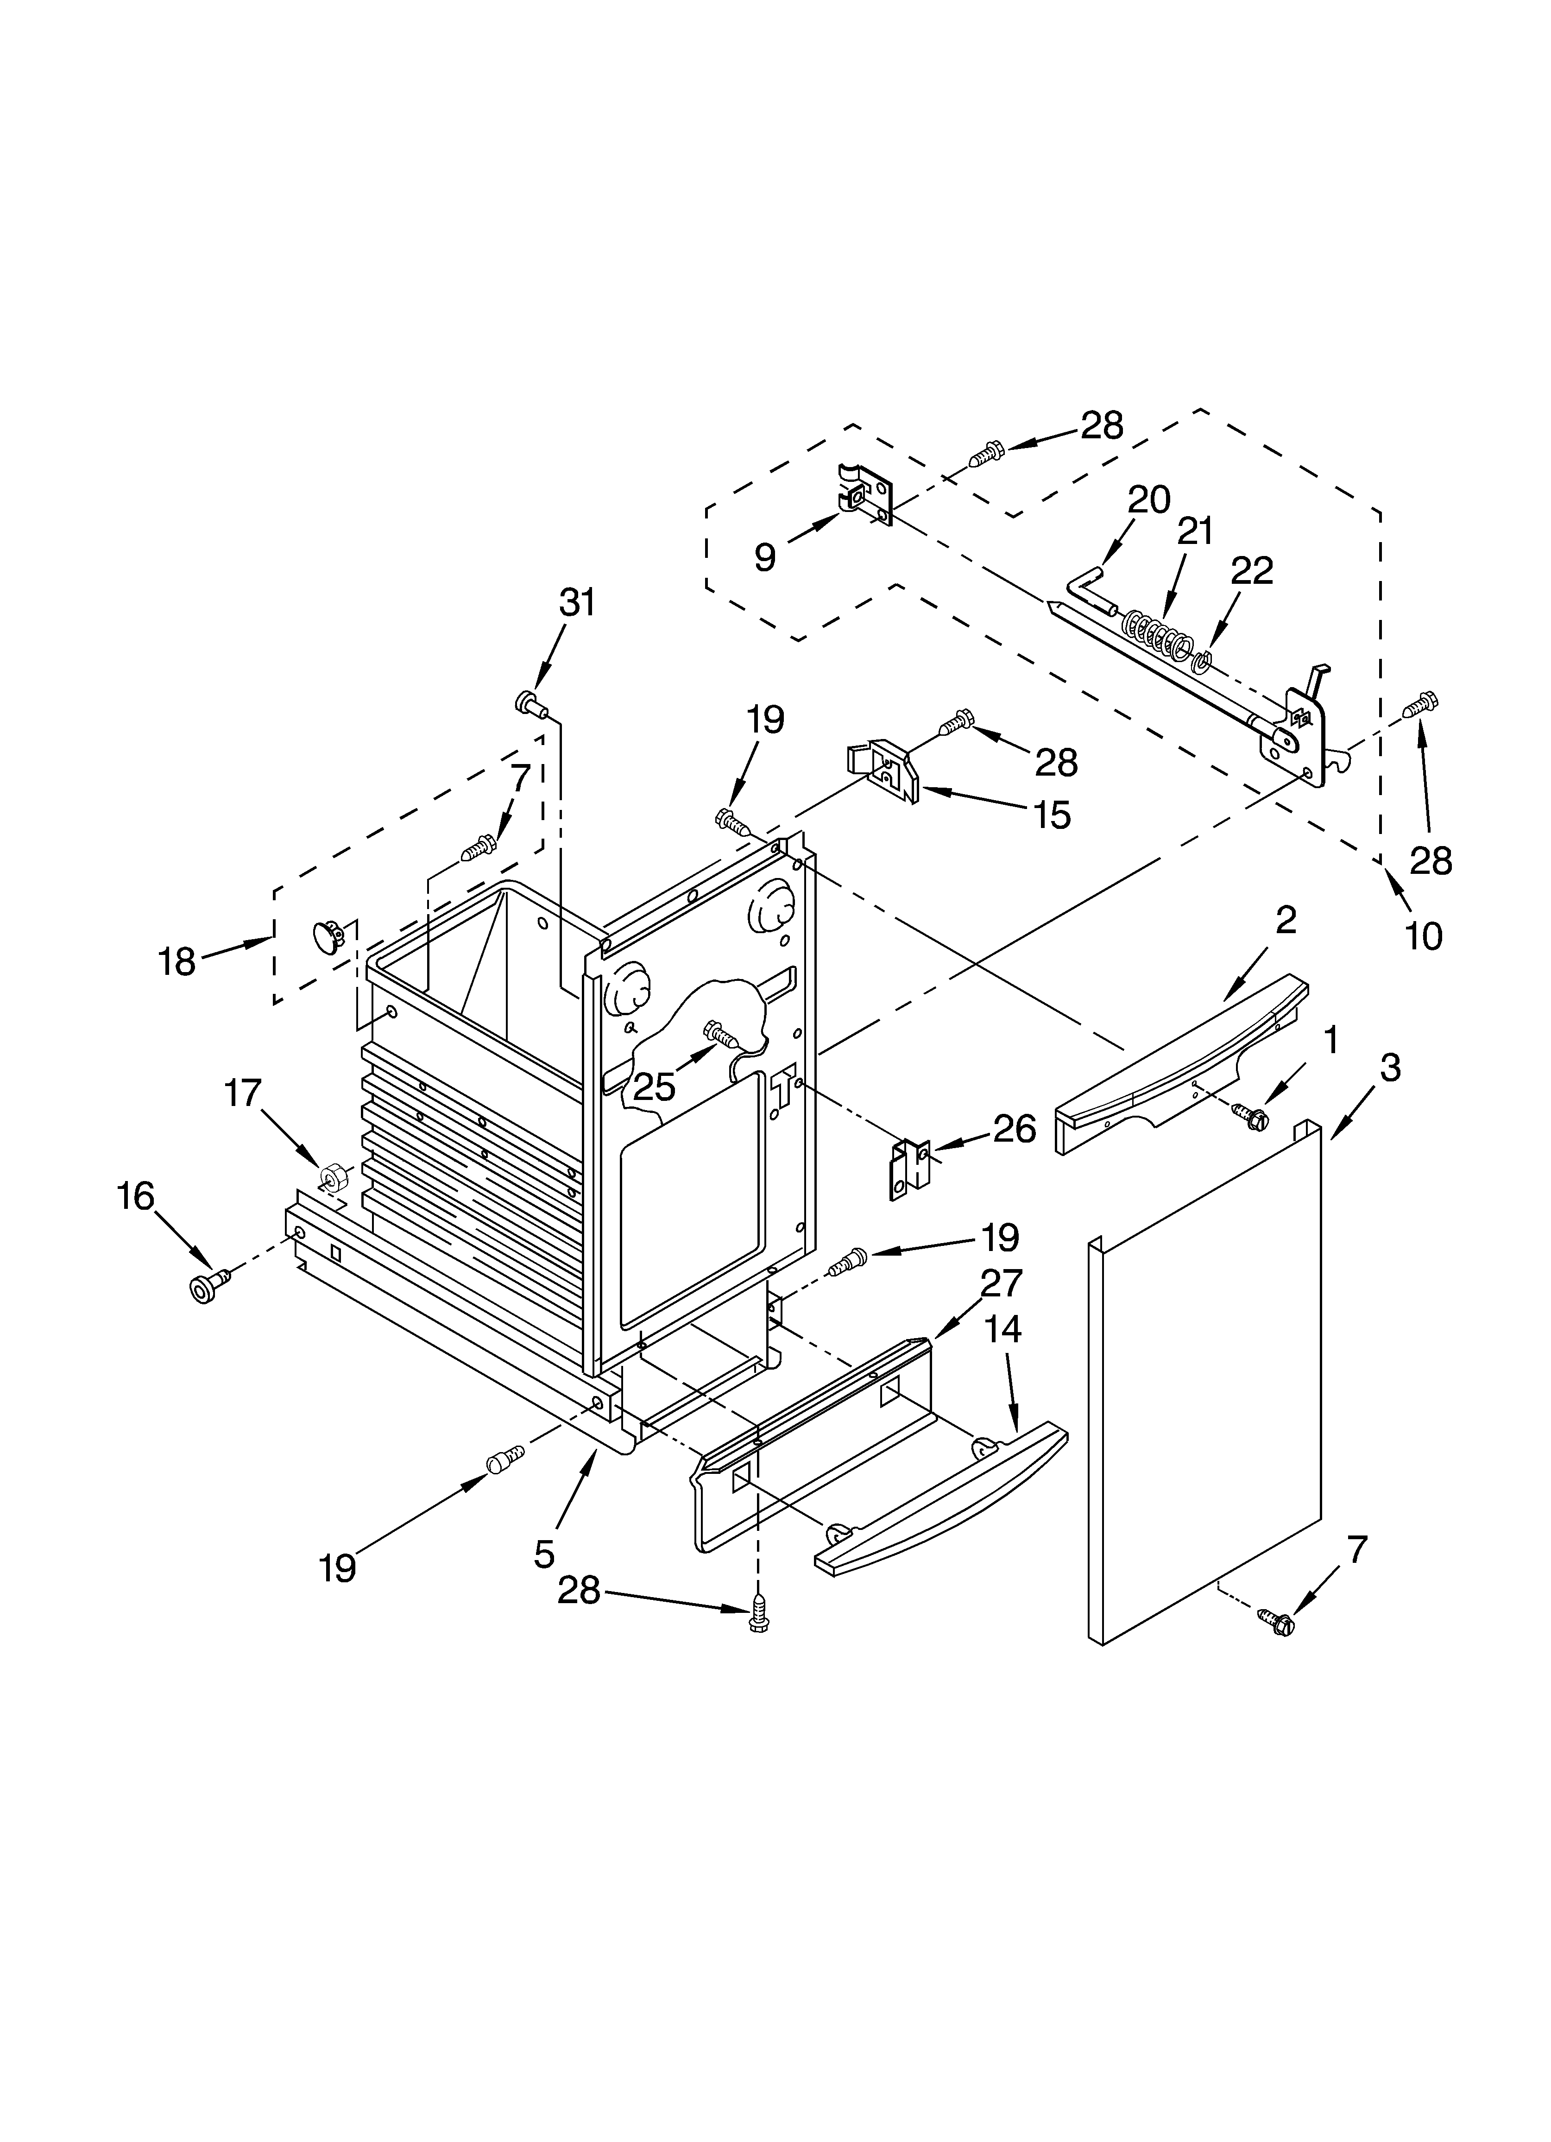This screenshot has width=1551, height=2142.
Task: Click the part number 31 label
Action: (x=577, y=602)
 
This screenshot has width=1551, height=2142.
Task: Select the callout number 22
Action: (x=1252, y=570)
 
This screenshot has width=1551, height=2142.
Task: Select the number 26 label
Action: (x=1015, y=1129)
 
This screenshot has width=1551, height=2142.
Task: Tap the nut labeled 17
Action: (x=332, y=1177)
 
